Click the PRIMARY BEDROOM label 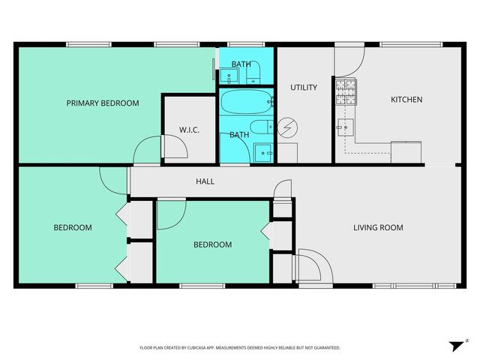click(103, 103)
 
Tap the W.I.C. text click(189, 130)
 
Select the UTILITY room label click(304, 87)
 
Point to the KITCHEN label click(406, 99)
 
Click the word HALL click(205, 181)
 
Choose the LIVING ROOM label click(379, 227)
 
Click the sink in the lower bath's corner click(264, 152)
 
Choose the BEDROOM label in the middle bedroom click(212, 244)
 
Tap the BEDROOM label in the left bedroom click(72, 227)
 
